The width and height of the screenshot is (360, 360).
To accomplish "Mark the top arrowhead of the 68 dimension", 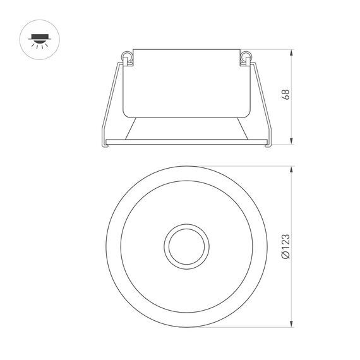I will coord(292,53).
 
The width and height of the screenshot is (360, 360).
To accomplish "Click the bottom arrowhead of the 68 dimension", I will coord(292,143).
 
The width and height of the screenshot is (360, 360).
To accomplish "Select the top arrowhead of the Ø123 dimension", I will coord(291,169).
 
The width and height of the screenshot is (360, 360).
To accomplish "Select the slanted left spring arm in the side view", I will coord(111,101).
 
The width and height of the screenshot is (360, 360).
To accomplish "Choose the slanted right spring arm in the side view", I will coord(263,101).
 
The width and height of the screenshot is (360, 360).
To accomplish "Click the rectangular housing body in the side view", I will coord(187,82).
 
